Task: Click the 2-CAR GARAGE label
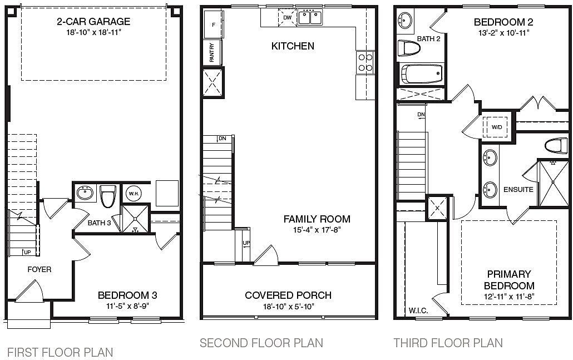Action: point(93,22)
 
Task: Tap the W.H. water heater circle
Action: point(134,193)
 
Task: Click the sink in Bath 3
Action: point(85,193)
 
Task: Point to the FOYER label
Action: point(39,270)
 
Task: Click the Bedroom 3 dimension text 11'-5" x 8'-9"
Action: point(127,306)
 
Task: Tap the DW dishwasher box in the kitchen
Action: point(288,18)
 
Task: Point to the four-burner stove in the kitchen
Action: point(365,62)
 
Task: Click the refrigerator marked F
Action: point(214,24)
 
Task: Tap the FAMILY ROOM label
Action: point(317,219)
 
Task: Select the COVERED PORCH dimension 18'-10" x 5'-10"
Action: point(288,306)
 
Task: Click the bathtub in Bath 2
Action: point(422,74)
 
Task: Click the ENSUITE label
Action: point(518,189)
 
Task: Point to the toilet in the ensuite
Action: point(556,145)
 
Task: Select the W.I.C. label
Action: point(418,310)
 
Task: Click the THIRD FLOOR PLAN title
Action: point(448,343)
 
